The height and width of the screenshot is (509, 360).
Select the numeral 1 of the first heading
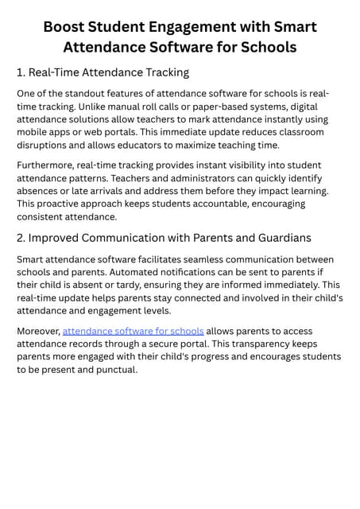(x=21, y=72)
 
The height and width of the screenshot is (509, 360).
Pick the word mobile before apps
(x=34, y=132)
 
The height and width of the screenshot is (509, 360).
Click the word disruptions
(x=45, y=145)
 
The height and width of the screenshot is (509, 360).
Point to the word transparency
(x=251, y=344)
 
